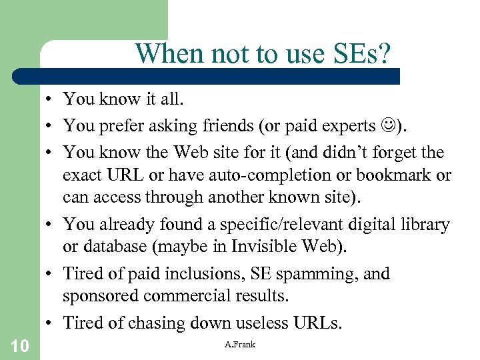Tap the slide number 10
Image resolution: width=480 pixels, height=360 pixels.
(19, 345)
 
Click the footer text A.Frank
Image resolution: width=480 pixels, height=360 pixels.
(240, 344)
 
